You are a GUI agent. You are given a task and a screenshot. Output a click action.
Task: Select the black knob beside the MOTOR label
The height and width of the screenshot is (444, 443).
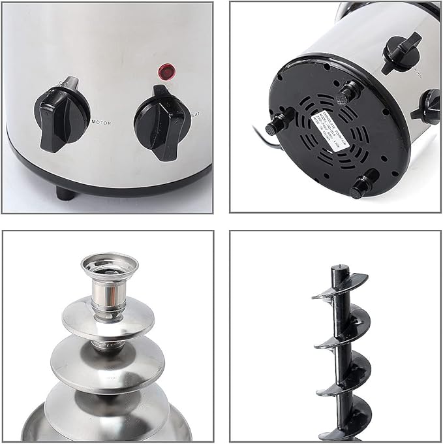[61, 114]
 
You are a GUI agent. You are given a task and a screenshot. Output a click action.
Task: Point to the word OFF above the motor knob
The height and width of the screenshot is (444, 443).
[65, 83]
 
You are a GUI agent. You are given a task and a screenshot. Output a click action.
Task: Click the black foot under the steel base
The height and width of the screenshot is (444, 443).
[65, 193]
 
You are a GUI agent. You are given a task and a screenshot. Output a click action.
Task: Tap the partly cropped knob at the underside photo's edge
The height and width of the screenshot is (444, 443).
[428, 106]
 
